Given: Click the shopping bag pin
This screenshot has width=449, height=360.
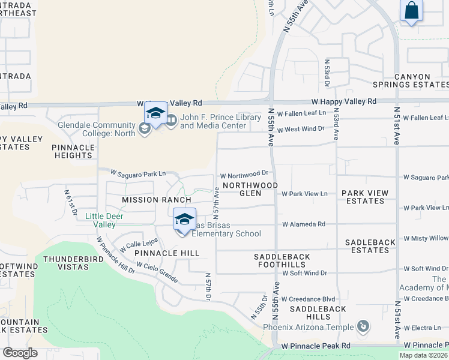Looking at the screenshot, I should pos(412,11).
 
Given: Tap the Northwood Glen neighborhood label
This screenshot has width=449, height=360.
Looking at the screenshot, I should pos(250,190).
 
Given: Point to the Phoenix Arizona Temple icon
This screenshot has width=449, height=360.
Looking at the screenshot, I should pos(363,327).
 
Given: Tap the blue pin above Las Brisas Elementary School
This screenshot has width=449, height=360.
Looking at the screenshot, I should pos(185,219).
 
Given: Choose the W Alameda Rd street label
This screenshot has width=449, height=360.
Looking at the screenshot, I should pos(304,224).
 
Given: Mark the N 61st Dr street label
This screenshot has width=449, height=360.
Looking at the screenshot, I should pos(71,203).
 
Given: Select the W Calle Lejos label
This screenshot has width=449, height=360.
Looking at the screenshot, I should pos(139,244).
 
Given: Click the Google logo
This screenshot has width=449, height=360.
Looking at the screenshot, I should pos(20,353).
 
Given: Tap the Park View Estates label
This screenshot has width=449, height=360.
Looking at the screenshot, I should pos(365,197).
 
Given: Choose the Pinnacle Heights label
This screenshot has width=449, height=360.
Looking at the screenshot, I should pos(73,151).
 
